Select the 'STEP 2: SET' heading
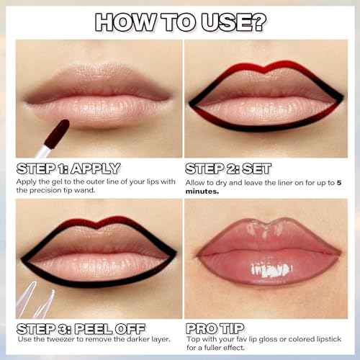228,169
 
